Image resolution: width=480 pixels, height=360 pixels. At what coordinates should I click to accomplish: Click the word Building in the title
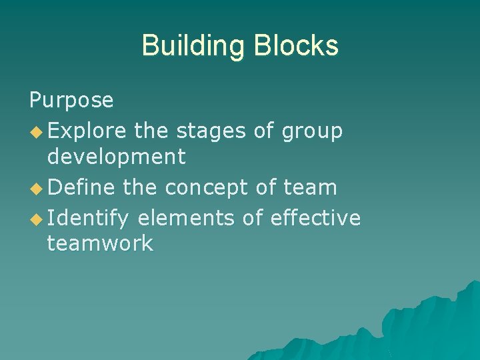click(x=193, y=46)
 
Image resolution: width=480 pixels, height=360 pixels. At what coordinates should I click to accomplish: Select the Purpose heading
click(x=71, y=101)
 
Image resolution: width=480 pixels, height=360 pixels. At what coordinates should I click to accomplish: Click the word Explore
click(x=87, y=131)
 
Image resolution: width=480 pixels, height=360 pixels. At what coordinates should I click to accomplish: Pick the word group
click(x=312, y=132)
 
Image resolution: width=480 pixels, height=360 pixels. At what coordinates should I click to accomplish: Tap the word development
click(x=116, y=157)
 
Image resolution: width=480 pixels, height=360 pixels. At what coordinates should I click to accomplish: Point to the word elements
click(x=186, y=217)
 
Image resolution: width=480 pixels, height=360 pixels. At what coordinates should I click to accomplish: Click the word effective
click(x=316, y=217)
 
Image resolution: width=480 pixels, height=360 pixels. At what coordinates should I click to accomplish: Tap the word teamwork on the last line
click(x=100, y=243)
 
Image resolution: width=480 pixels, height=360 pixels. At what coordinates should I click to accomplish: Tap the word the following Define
click(x=141, y=187)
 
